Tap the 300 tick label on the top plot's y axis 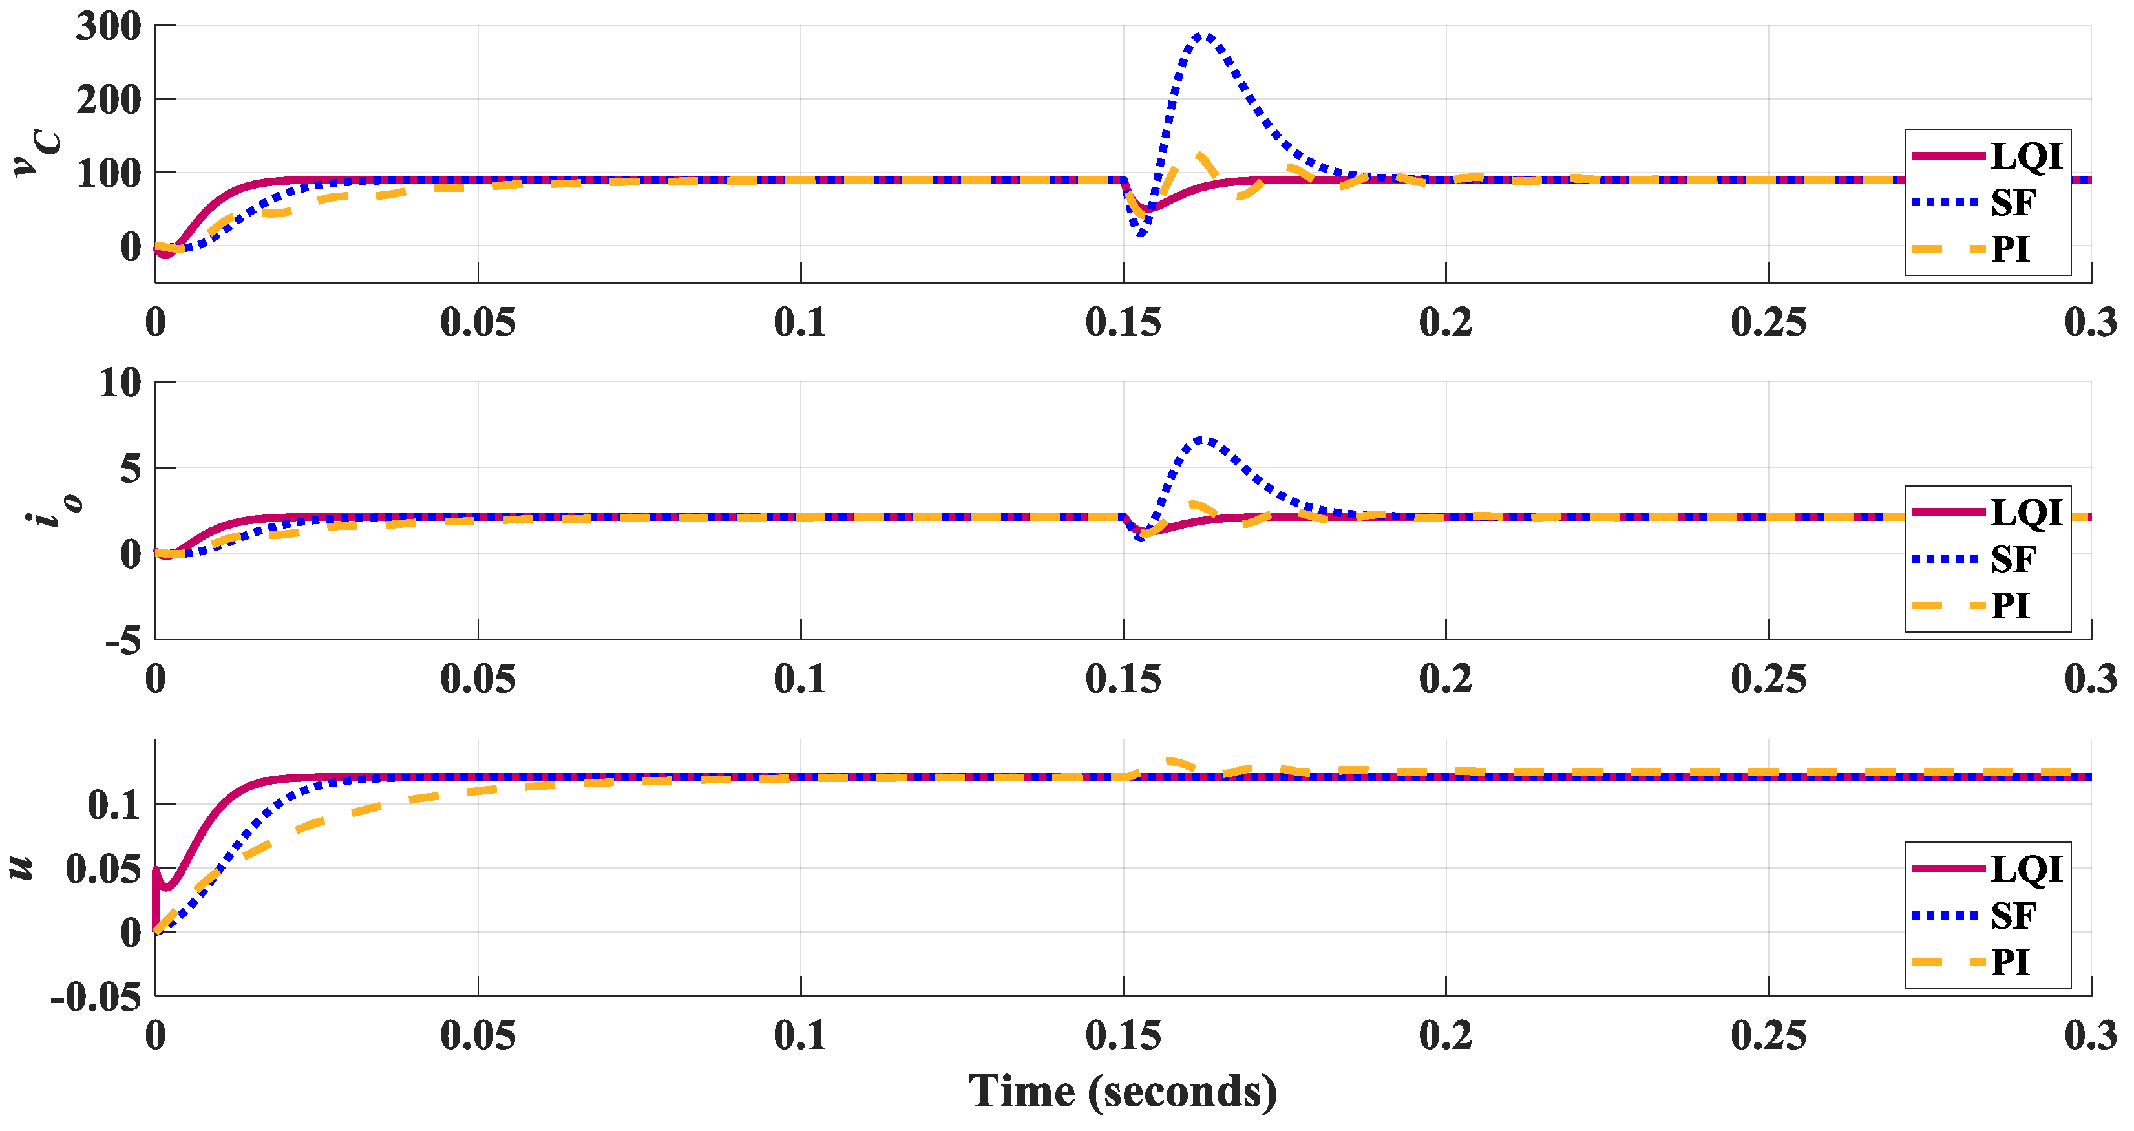click(109, 26)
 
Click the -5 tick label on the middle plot click(123, 640)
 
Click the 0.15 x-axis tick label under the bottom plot click(1123, 1036)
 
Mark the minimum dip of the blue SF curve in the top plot click(1141, 234)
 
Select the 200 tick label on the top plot click(109, 100)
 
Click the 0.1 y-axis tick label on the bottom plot click(114, 805)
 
